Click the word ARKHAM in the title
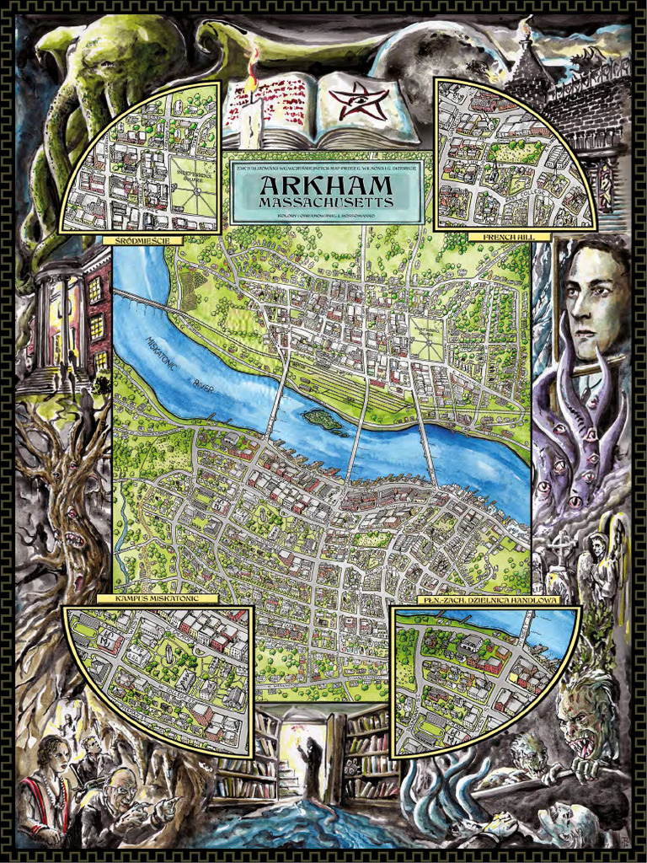click(x=313, y=185)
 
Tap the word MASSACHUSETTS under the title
click(x=313, y=203)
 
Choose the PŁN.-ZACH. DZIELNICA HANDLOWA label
click(x=486, y=600)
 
